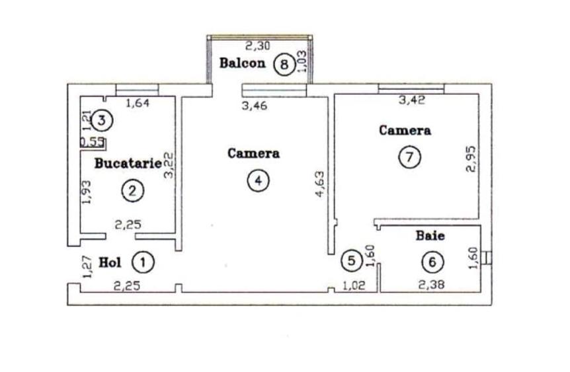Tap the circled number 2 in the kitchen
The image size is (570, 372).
[133, 191]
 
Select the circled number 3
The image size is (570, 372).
[101, 120]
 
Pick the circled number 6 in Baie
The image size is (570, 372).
[432, 262]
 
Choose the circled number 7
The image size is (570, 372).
[409, 157]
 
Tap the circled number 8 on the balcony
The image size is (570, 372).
[284, 64]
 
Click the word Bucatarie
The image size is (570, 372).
[128, 162]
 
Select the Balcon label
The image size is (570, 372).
[243, 63]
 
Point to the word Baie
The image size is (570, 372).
[430, 235]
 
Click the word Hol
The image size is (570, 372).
[110, 262]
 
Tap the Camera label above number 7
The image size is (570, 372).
[405, 130]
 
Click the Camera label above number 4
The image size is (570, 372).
[253, 153]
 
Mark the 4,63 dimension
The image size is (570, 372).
[319, 184]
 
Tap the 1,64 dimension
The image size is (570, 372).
[138, 102]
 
